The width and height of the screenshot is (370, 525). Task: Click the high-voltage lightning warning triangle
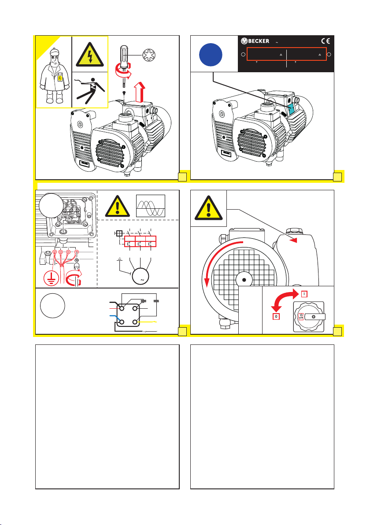[x=90, y=54]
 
